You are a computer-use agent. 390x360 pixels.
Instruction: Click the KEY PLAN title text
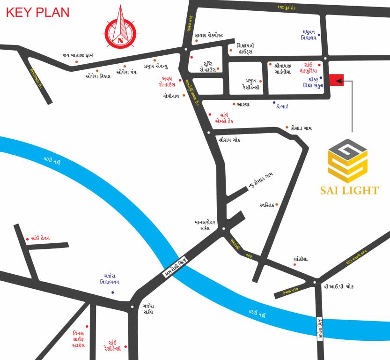[37, 12]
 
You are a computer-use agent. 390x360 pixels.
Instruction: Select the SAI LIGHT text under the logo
[349, 190]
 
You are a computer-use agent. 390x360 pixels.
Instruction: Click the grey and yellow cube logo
[348, 161]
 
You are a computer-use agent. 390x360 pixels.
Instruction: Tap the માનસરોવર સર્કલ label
[205, 225]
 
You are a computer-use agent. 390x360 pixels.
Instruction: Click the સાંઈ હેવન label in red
[47, 238]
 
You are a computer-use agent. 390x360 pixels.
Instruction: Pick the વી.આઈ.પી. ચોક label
[338, 285]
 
